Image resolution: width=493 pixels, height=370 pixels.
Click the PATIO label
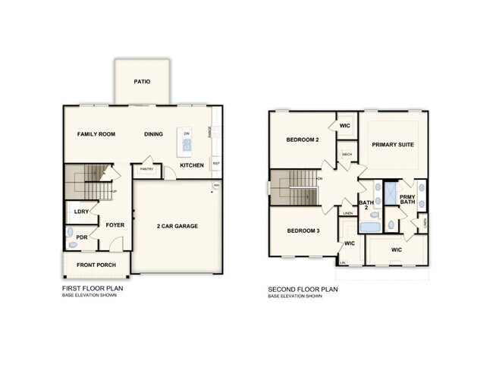point(141,82)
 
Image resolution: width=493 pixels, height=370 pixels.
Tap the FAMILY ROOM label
point(96,134)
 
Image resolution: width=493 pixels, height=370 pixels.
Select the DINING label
point(154,134)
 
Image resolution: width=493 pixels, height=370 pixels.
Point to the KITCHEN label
point(191,165)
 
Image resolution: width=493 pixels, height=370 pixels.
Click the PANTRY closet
point(146,169)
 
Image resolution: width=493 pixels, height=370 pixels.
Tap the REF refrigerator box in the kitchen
point(216,163)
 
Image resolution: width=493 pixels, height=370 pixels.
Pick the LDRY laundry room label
point(80,212)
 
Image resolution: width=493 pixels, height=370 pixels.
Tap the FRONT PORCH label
point(96,264)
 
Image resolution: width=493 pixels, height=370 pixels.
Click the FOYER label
point(115,225)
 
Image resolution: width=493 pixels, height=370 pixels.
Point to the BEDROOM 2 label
point(302,140)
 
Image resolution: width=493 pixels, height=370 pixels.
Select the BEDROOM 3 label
point(302,230)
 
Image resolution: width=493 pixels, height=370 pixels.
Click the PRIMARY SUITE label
point(392,144)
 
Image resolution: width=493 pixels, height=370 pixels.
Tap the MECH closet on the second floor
point(347,155)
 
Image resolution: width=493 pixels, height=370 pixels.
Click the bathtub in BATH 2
point(371,226)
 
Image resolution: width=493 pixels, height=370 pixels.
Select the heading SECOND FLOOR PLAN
point(303,289)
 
